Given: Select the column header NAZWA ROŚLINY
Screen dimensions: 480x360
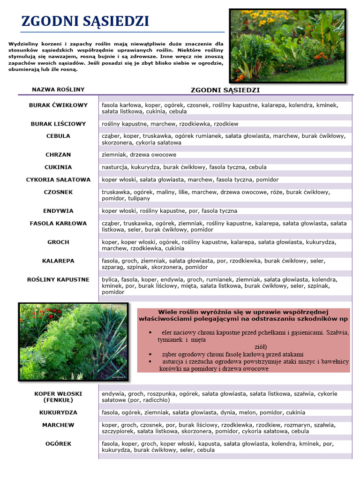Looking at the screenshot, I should pyautogui.click(x=58, y=89).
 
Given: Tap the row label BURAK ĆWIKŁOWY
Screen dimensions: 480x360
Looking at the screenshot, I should pyautogui.click(x=58, y=105).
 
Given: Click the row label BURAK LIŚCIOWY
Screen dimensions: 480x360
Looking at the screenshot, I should pyautogui.click(x=58, y=124).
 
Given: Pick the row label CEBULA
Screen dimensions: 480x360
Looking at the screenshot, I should pyautogui.click(x=58, y=136).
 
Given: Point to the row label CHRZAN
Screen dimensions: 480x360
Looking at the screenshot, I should pyautogui.click(x=58, y=154).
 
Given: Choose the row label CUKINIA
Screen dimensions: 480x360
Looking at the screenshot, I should pyautogui.click(x=58, y=167).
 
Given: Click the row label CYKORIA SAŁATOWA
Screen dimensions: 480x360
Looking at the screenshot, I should pyautogui.click(x=58, y=180).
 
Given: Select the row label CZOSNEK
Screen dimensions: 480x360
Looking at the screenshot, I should pyautogui.click(x=58, y=192).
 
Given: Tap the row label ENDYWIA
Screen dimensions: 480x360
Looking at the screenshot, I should pyautogui.click(x=58, y=211).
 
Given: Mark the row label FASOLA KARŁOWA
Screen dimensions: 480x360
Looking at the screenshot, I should pyautogui.click(x=58, y=224).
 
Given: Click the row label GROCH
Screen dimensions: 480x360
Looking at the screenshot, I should pyautogui.click(x=58, y=242).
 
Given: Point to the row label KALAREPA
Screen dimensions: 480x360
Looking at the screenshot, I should pyautogui.click(x=58, y=261).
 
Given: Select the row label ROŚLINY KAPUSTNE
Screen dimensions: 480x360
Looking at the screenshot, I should pyautogui.click(x=58, y=279).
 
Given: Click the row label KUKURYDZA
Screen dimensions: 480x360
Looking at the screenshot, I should pyautogui.click(x=58, y=412).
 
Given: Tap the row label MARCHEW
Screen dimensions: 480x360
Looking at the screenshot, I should pyautogui.click(x=58, y=425).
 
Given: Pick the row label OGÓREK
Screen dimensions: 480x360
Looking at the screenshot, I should pyautogui.click(x=58, y=443).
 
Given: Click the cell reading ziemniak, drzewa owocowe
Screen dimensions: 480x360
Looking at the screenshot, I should pyautogui.click(x=139, y=155).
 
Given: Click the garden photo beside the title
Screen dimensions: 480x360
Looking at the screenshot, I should pyautogui.click(x=287, y=45).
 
